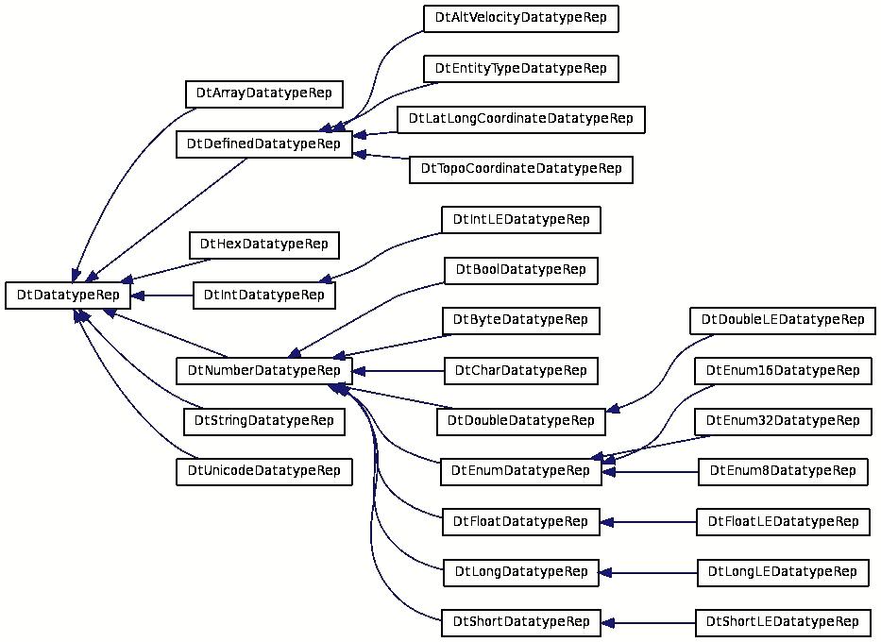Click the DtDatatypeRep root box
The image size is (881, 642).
[x=67, y=295]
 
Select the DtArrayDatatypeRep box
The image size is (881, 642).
[x=264, y=93]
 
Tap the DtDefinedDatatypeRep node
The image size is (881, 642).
[x=264, y=144]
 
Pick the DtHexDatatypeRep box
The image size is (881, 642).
[x=264, y=245]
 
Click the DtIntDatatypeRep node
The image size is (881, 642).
[x=264, y=295]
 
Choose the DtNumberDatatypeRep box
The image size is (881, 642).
[x=264, y=371]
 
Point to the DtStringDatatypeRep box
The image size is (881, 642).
[x=264, y=421]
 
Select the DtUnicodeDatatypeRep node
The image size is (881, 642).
[x=264, y=471]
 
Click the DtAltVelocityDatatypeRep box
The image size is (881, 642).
[x=521, y=18]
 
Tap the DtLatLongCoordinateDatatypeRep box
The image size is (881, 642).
[x=521, y=119]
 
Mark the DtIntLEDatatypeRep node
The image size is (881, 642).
[x=521, y=220]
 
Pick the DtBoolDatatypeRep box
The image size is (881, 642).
[x=521, y=270]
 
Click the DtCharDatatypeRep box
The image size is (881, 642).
[x=521, y=371]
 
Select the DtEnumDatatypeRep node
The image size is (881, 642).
[x=521, y=471]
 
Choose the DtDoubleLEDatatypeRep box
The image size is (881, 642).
[x=783, y=320]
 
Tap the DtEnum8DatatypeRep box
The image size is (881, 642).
[x=783, y=471]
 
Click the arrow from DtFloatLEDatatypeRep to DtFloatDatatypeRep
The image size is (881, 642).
[x=648, y=522]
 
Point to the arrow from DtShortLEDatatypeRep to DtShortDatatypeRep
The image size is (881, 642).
[x=648, y=623]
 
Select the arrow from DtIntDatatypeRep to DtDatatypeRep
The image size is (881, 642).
[x=161, y=296]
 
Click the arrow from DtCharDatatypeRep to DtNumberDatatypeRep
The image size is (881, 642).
[x=398, y=371]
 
